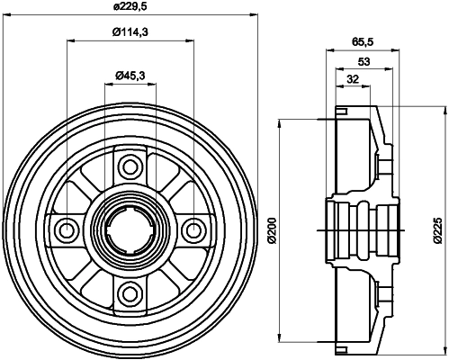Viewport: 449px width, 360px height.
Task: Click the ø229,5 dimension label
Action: (x=131, y=8)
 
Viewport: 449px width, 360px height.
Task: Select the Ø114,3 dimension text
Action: (x=131, y=33)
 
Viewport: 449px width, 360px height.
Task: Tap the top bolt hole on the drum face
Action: (x=131, y=166)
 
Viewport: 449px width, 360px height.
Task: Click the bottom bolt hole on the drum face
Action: (x=131, y=292)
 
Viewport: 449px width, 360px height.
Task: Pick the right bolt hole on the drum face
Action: (x=194, y=229)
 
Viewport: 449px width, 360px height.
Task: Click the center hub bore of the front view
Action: (x=131, y=229)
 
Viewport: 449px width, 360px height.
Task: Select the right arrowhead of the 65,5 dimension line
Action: (x=390, y=51)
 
